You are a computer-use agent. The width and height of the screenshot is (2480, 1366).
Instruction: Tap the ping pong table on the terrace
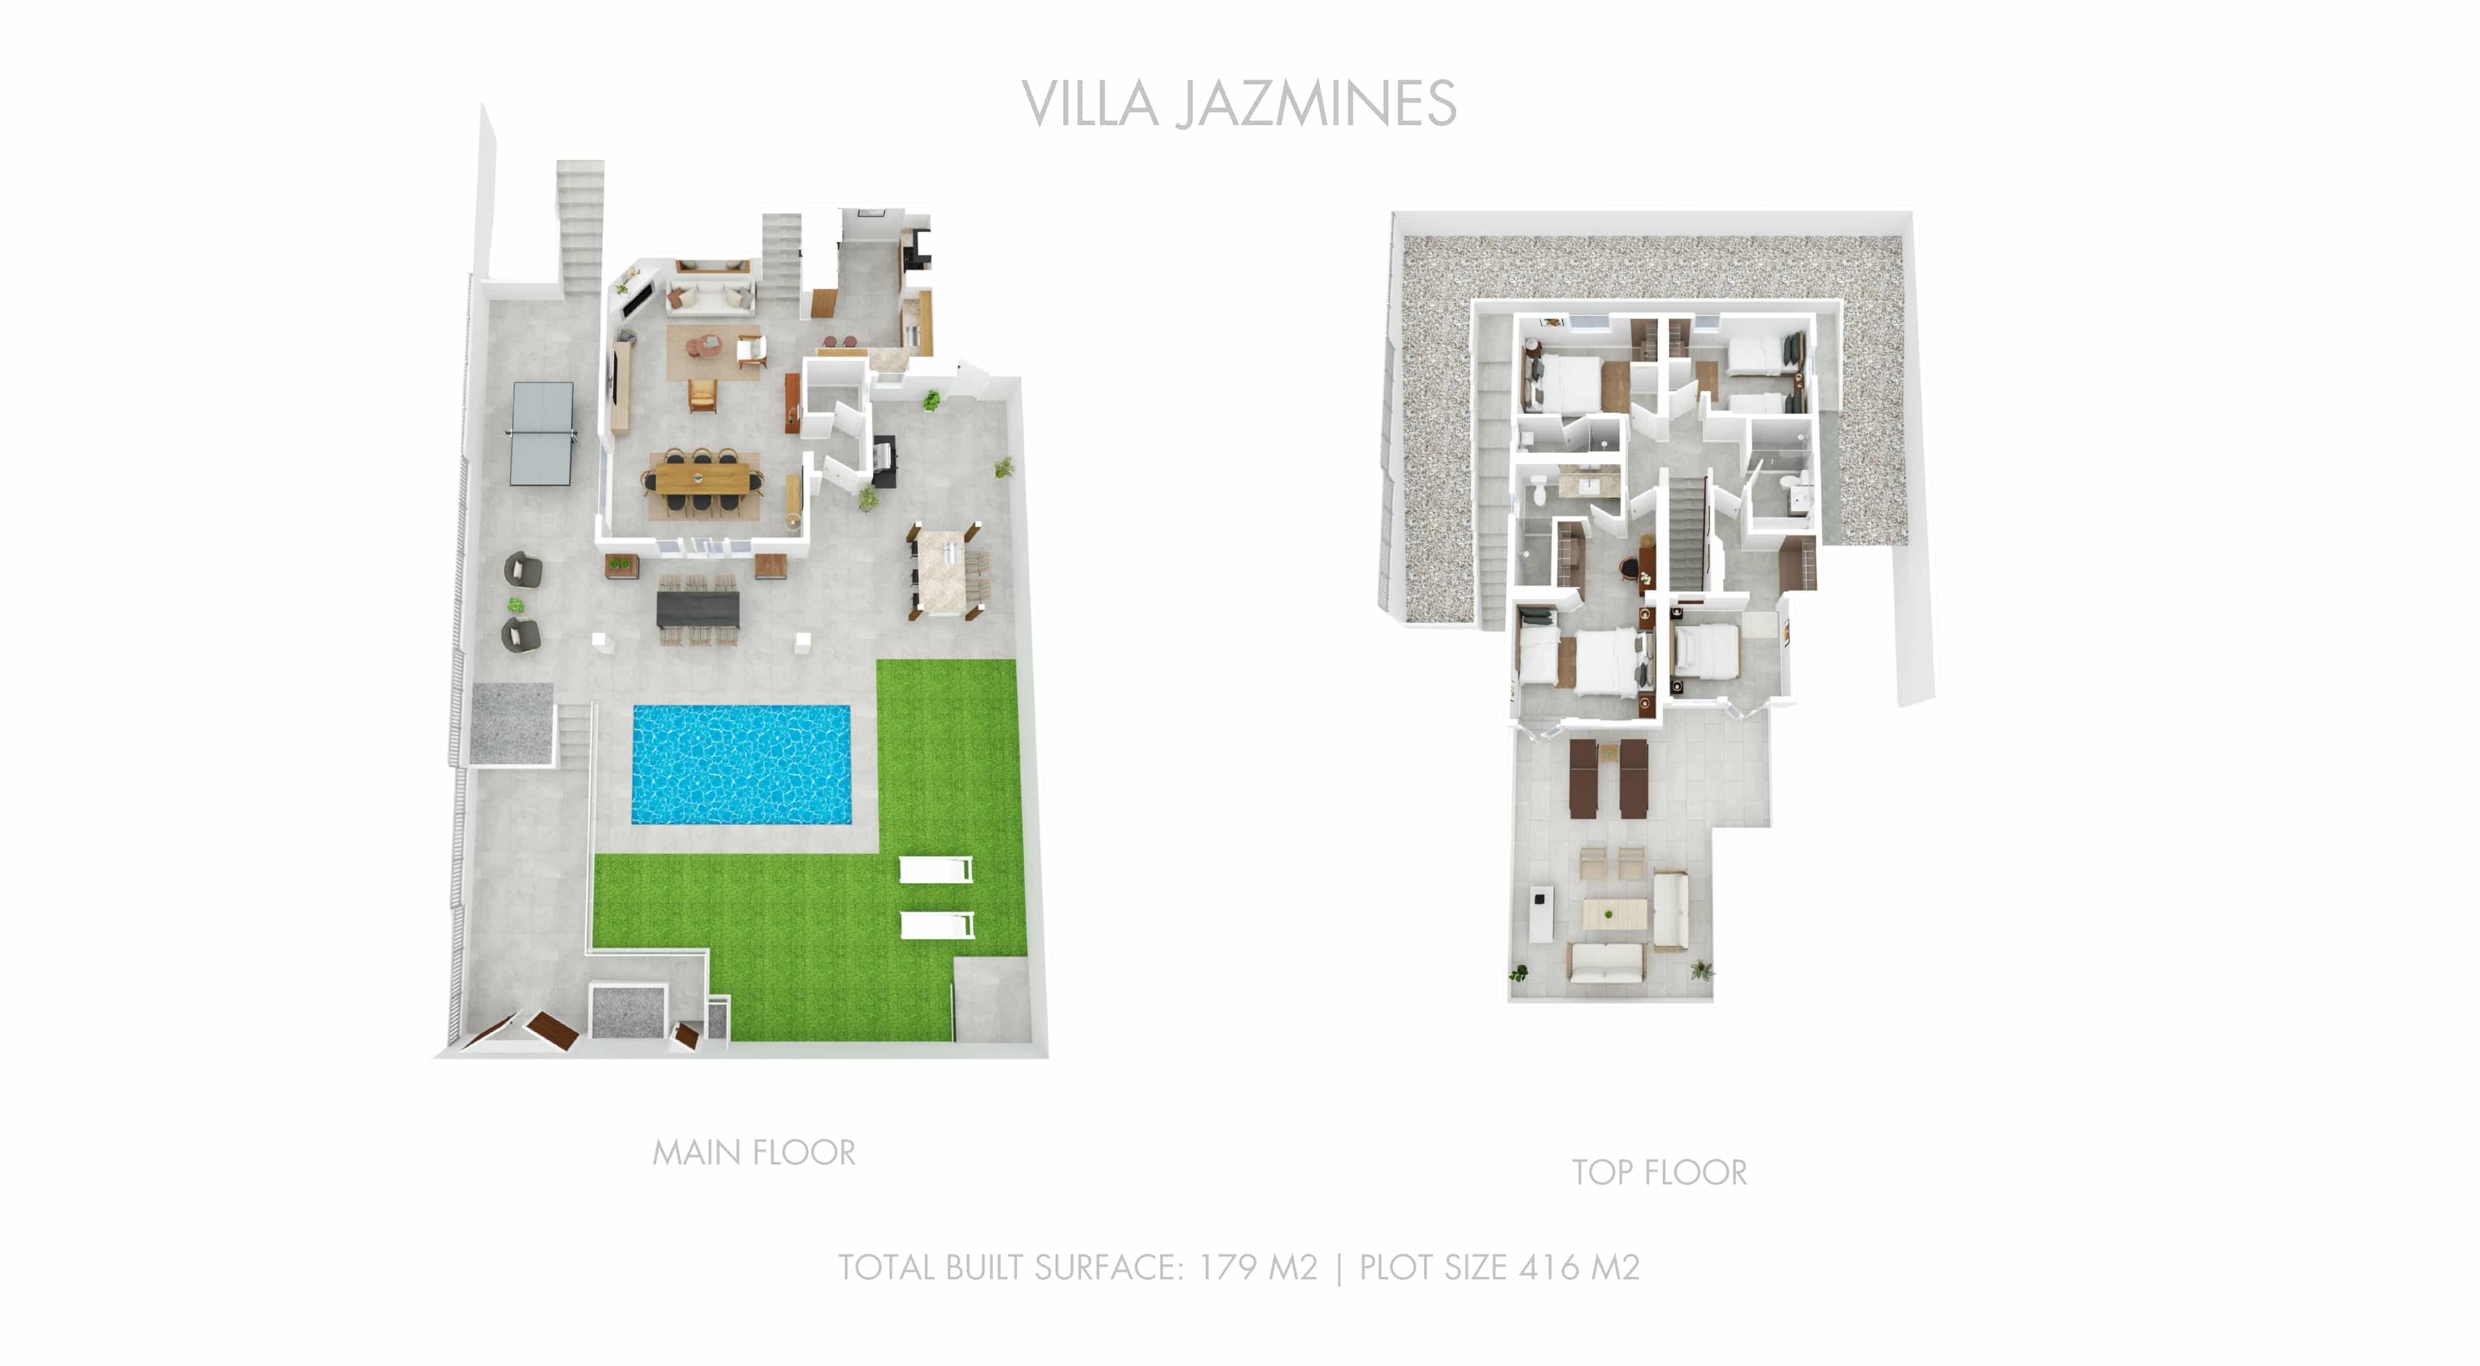542,433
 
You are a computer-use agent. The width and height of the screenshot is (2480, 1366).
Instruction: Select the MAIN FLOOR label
754,1152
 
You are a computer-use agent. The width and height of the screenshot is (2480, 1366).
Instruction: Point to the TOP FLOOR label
1658,1172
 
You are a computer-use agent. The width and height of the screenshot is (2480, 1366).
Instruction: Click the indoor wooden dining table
702,478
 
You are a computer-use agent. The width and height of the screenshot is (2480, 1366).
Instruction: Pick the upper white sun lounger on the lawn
935,870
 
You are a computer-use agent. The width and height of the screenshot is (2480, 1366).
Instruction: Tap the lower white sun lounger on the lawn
936,925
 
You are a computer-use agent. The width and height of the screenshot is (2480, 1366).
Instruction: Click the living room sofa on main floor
710,300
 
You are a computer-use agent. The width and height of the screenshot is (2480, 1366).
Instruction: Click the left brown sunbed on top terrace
1584,778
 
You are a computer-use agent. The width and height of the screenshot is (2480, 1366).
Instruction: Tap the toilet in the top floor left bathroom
1538,492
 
